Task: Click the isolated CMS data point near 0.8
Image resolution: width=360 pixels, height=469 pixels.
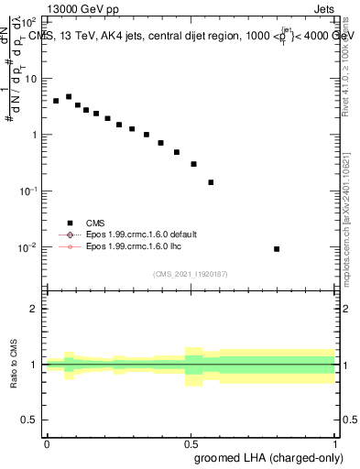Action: [277, 249]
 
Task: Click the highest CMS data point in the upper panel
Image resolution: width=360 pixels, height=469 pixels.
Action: [69, 96]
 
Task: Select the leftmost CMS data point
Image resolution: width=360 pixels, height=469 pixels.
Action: [56, 101]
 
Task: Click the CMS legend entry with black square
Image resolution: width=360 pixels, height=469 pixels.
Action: [93, 222]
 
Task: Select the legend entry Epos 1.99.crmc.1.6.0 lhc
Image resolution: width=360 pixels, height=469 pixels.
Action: [134, 247]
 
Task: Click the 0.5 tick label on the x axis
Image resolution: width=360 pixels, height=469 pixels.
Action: [191, 442]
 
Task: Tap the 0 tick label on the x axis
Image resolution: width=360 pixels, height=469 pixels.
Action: [47, 442]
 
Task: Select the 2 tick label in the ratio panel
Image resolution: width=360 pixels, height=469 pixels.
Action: [35, 309]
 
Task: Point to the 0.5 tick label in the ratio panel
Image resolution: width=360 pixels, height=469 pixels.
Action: [30, 420]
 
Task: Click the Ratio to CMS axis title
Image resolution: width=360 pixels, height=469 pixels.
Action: [14, 365]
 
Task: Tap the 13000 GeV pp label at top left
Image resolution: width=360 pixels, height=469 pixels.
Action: [82, 9]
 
